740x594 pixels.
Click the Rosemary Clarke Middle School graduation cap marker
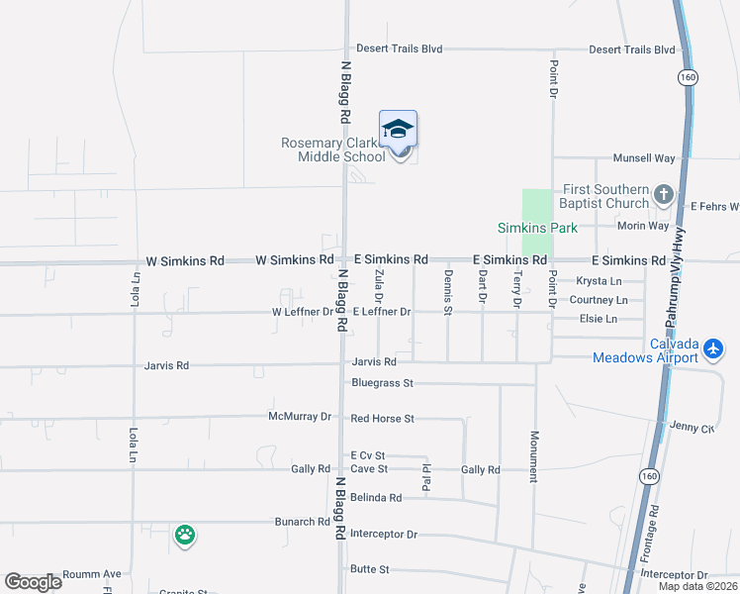398,132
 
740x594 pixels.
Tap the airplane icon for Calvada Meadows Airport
714,348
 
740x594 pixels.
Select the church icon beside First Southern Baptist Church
664,195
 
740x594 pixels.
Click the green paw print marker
185,536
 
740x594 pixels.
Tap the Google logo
33,582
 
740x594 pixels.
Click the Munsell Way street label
643,158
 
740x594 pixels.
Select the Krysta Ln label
599,281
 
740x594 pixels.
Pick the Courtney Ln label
599,300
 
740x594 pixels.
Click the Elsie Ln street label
599,319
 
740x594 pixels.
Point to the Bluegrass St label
381,382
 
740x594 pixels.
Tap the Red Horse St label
382,419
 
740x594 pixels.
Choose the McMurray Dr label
300,417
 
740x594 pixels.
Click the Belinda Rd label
375,498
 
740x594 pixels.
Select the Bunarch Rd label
302,522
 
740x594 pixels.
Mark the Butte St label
370,570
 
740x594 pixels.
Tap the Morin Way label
643,226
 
